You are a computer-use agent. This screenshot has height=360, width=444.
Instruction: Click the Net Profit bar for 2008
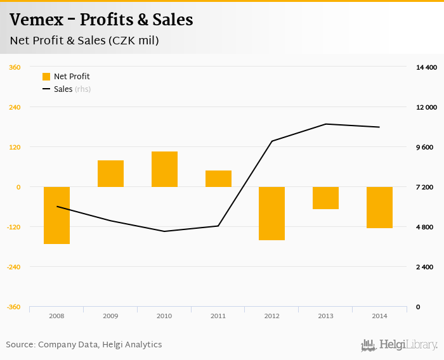pyautogui.click(x=56, y=215)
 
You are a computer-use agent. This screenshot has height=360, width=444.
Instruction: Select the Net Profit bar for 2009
pyautogui.click(x=110, y=174)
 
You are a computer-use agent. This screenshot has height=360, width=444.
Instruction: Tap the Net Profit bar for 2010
pyautogui.click(x=164, y=169)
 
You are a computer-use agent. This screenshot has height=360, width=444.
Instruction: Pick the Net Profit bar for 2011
pyautogui.click(x=218, y=179)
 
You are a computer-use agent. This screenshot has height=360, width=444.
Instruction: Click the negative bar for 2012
pyautogui.click(x=271, y=214)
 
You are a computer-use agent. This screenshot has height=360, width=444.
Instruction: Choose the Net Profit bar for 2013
pyautogui.click(x=325, y=198)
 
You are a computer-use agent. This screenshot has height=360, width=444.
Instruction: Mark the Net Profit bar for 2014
pyautogui.click(x=379, y=207)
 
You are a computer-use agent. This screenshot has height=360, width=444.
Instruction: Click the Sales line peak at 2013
pyautogui.click(x=325, y=124)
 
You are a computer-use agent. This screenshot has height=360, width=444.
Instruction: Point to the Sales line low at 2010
pyautogui.click(x=164, y=231)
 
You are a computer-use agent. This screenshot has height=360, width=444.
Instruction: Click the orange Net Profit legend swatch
pyautogui.click(x=46, y=77)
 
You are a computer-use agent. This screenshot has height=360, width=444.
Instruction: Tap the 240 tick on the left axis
pyautogui.click(x=14, y=107)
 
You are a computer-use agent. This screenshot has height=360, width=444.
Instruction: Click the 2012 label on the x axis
pyautogui.click(x=271, y=316)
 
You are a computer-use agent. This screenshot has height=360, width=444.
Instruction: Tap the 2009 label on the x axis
pyautogui.click(x=110, y=316)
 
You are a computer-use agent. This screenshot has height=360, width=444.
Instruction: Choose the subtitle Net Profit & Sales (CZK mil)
pyautogui.click(x=84, y=41)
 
